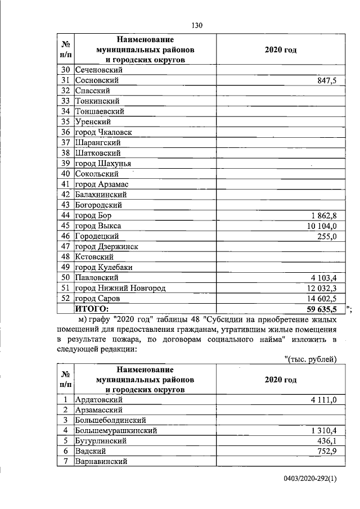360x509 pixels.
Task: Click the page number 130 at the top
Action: click(196, 25)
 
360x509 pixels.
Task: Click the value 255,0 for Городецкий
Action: click(326, 236)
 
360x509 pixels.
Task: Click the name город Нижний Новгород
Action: click(120, 288)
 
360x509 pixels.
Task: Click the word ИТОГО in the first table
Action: click(91, 309)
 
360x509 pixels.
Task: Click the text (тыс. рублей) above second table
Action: click(310, 359)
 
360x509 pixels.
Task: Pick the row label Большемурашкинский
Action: click(115, 430)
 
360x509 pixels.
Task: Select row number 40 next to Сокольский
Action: click(65, 174)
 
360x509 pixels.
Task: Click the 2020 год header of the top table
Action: click(280, 50)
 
